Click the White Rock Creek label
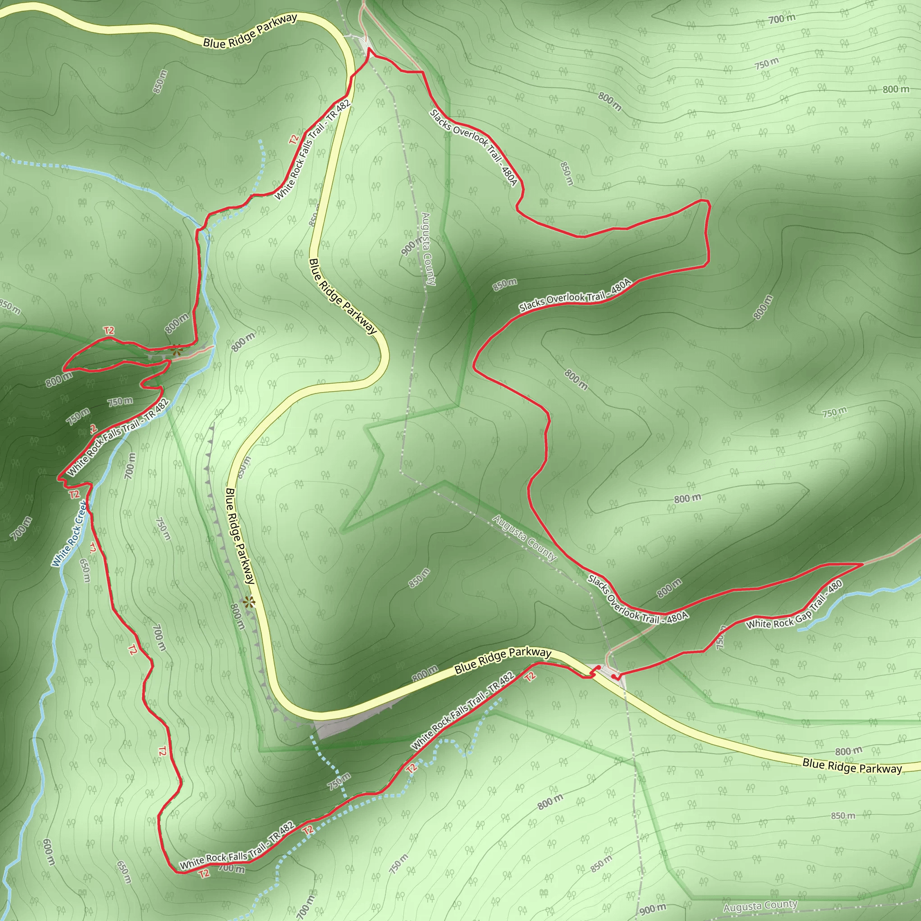pyautogui.click(x=70, y=533)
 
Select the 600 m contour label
pyautogui.click(x=49, y=852)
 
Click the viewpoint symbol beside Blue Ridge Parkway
pyautogui.click(x=248, y=602)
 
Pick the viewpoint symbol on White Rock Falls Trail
pyautogui.click(x=177, y=351)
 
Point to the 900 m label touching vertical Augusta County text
pyautogui.click(x=411, y=246)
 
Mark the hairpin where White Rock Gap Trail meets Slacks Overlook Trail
pyautogui.click(x=862, y=564)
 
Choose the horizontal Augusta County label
pyautogui.click(x=760, y=906)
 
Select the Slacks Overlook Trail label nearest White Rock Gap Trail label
pyautogui.click(x=638, y=599)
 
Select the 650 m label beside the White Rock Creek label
pyautogui.click(x=85, y=570)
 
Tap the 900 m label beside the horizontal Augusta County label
pyautogui.click(x=652, y=909)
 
